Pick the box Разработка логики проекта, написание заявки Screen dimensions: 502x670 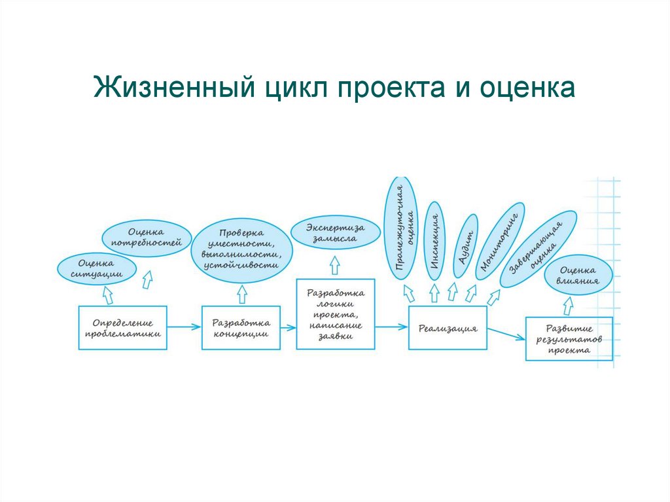coord(335,314)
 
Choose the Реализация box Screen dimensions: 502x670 coord(448,327)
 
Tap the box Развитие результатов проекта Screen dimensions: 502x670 coord(569,338)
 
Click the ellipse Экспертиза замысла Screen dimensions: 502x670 coord(334,233)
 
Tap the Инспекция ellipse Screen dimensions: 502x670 coord(434,242)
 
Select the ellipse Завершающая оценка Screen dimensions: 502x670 coord(538,249)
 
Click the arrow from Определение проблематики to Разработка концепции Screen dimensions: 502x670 coord(185,327)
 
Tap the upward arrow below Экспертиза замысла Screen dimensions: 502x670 coord(334,265)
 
